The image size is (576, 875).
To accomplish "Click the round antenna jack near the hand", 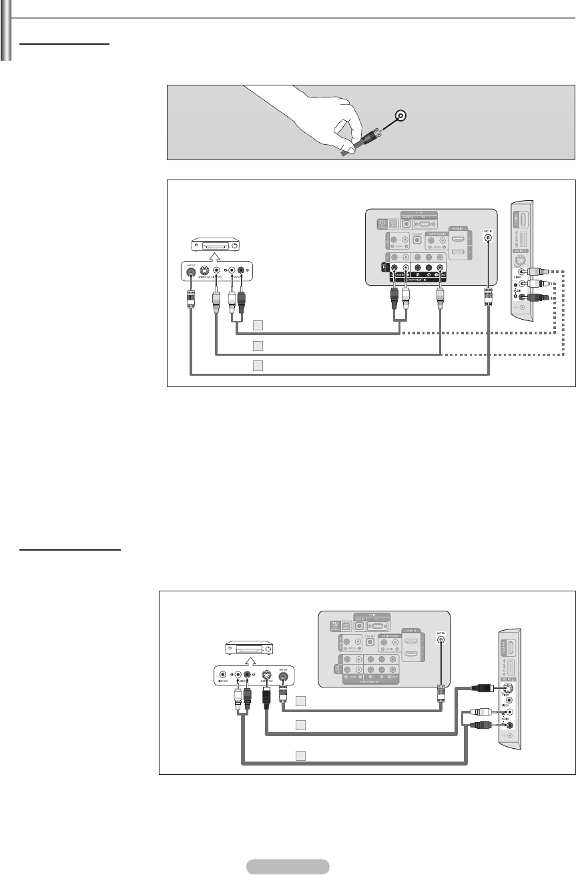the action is click(x=400, y=116).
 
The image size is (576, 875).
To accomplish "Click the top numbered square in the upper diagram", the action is click(x=258, y=325).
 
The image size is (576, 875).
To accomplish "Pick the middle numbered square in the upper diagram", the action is click(x=258, y=346).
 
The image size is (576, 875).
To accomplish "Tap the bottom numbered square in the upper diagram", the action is click(x=258, y=365).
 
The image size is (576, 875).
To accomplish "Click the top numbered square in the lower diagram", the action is click(x=301, y=701).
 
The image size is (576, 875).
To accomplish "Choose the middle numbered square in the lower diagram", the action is click(x=301, y=725).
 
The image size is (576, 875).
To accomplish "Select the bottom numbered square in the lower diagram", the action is click(x=301, y=755).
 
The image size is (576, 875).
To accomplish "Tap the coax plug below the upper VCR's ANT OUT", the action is click(x=191, y=298).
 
